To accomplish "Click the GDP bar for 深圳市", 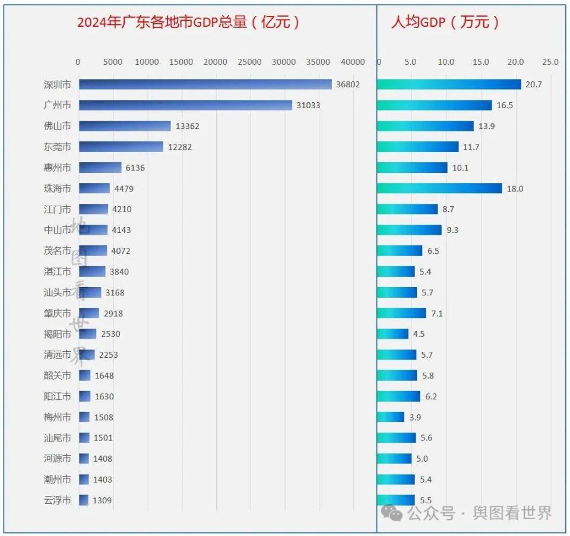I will (205, 84).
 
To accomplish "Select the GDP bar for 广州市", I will (185, 105).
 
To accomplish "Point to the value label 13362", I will (188, 126).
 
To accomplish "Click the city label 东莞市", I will (58, 147).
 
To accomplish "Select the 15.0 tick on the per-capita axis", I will (481, 62).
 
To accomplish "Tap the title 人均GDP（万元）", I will (445, 23).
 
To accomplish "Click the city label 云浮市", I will (58, 500).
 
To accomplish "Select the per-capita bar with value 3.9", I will (391, 417).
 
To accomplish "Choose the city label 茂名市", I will (58, 251).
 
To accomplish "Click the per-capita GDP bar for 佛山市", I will (425, 126).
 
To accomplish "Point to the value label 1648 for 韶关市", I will (104, 376).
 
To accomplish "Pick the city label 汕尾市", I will (58, 438).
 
